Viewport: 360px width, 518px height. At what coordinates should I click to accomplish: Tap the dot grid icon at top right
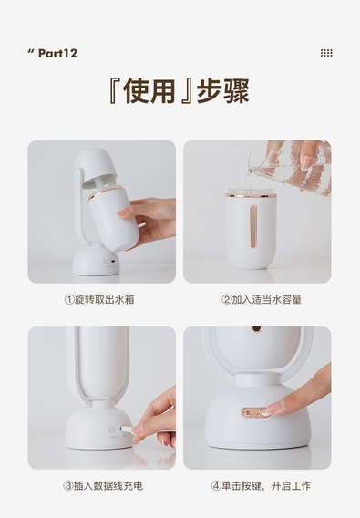326,53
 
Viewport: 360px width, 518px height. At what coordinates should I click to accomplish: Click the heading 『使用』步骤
179,91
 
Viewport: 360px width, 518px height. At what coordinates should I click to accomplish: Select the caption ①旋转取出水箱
99,300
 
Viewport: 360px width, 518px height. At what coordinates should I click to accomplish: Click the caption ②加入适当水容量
262,300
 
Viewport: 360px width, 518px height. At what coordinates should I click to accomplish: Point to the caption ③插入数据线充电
103,486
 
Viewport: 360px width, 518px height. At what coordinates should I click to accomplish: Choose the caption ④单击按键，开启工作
261,486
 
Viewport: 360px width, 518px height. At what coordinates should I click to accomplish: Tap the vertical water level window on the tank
253,226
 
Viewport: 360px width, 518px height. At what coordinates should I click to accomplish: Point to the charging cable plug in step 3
126,429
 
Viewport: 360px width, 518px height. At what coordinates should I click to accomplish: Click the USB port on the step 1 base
114,262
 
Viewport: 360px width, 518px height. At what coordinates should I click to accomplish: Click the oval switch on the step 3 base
111,430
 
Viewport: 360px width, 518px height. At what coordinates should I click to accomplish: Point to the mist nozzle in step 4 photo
257,329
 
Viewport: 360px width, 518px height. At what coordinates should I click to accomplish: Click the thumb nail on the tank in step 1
121,212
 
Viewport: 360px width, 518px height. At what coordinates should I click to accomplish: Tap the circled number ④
216,486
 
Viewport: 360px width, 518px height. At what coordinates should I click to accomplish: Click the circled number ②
226,300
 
